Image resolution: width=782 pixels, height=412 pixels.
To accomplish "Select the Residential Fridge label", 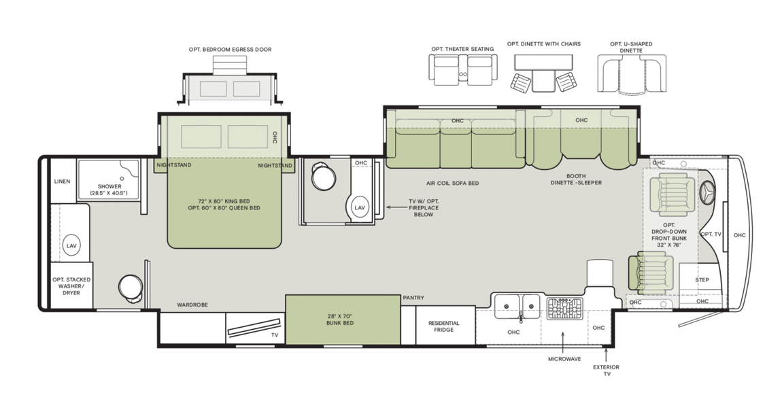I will coord(443,326).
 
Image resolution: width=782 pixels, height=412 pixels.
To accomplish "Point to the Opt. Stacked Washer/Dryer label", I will coord(71,286).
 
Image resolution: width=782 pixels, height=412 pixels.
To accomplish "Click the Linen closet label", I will coord(62,182).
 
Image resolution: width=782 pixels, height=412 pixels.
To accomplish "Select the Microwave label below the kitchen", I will coord(564,358).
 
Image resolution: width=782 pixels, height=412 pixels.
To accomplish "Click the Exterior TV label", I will coord(605,371).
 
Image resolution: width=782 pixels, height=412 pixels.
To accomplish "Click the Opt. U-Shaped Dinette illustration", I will coord(631,73).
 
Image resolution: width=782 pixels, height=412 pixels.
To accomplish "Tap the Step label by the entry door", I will coord(702,280).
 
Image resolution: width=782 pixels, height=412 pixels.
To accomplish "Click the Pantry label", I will coord(413,298).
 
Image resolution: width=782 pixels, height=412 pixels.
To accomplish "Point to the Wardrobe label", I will coord(192,305).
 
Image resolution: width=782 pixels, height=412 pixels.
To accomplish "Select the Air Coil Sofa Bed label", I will coord(452,184).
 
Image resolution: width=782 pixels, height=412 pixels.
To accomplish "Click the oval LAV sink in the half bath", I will coord(360,207).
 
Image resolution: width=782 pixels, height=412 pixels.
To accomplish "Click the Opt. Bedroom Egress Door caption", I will coord(230,50).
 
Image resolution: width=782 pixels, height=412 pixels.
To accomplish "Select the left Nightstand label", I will coord(174,165).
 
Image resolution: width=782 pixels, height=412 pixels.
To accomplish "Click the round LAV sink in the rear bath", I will coord(71,245).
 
